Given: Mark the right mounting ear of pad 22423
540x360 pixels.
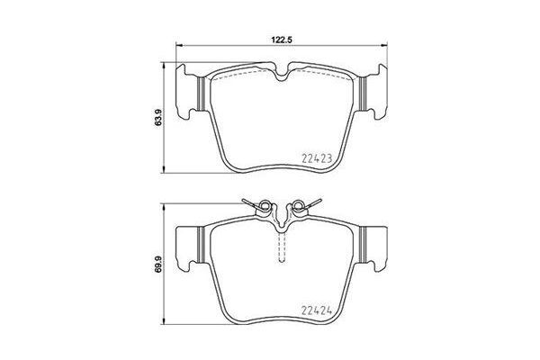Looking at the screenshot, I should [x=372, y=91].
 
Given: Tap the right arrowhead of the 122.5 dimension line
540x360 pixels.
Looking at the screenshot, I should [x=388, y=47].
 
